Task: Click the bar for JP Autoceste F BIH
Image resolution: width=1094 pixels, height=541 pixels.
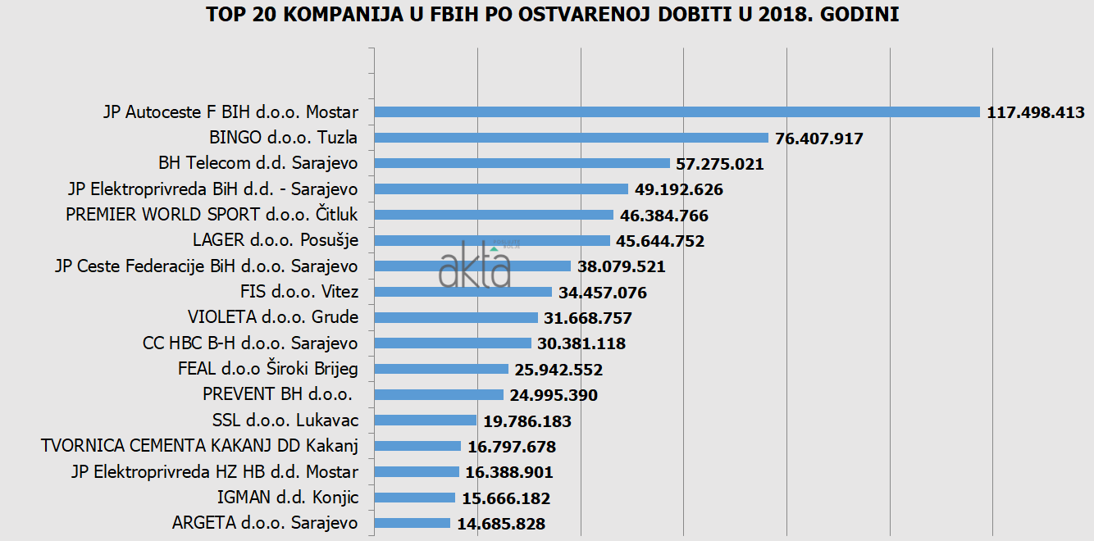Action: [x=677, y=112]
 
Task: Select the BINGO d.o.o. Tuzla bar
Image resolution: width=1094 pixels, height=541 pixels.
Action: [x=571, y=138]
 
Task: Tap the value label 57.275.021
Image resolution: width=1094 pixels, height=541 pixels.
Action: [x=720, y=164]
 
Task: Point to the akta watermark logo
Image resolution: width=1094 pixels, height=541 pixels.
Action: [x=476, y=265]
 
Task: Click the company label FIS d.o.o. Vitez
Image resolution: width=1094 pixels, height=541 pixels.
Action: [x=299, y=292]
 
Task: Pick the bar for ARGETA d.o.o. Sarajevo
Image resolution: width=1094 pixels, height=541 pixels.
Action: [x=412, y=523]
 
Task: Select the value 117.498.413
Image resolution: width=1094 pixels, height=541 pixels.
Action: [x=1036, y=112]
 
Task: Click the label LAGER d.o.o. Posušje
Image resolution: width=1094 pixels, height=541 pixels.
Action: [x=276, y=240]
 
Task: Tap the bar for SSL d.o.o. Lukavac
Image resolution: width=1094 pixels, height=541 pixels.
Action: [x=425, y=421]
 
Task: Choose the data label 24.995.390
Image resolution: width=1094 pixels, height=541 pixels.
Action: [x=554, y=395]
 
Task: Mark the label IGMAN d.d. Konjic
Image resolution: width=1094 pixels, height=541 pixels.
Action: [x=288, y=498]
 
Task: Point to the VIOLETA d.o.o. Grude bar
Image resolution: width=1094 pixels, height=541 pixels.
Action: [x=456, y=317]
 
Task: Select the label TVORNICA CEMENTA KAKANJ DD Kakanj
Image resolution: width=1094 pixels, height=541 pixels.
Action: [x=199, y=446]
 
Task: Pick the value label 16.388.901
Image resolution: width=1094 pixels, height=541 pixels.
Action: [x=509, y=472]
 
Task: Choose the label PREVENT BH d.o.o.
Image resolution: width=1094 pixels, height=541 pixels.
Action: [x=278, y=394]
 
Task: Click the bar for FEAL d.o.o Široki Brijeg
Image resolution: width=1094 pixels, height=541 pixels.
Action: [x=441, y=369]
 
